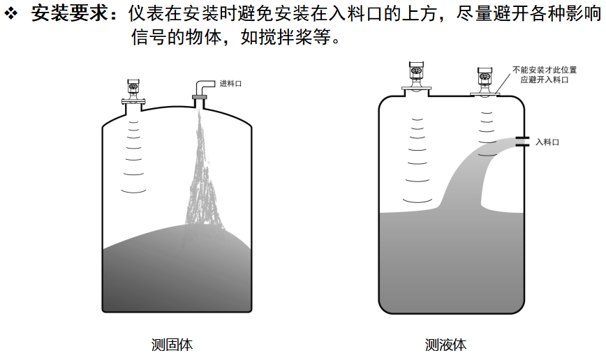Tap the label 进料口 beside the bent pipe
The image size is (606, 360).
230,84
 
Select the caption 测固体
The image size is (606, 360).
172,344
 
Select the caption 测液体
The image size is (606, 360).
446,344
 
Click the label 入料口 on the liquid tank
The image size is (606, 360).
547,142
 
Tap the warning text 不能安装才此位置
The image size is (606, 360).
545,70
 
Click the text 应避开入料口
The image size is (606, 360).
545,80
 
